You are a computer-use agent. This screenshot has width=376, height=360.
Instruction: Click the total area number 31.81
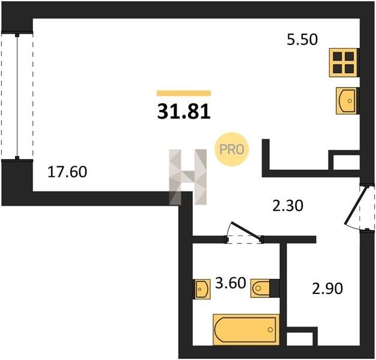coord(184,112)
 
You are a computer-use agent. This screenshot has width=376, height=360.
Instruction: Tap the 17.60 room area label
coord(67,172)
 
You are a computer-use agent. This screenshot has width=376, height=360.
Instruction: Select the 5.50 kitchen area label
coord(302,40)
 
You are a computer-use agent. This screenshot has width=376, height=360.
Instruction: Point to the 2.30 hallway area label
coord(288,206)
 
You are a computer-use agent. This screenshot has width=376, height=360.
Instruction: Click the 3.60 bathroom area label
coord(231,283)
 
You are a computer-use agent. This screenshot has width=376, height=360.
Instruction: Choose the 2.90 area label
coord(327,289)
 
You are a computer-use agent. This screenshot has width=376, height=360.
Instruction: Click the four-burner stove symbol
coord(343,62)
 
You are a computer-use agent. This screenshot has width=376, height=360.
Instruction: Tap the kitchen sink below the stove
coord(346,101)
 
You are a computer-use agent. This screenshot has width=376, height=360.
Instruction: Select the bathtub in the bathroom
coord(246,329)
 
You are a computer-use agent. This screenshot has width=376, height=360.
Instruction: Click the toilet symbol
coord(261,288)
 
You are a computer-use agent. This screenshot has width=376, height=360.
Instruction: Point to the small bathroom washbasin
coord(202,289)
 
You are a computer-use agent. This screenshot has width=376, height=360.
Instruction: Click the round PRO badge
coord(232,149)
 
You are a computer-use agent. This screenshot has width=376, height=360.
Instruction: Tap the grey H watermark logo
coord(188,177)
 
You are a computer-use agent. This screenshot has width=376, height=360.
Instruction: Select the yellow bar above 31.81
coord(184,93)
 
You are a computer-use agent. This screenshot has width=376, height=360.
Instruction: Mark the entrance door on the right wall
coord(360,207)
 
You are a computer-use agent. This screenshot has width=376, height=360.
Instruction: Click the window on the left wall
coord(17,95)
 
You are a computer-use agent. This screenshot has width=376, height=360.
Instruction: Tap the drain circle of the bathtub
coord(270,330)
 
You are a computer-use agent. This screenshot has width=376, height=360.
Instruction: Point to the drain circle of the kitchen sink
coord(350,101)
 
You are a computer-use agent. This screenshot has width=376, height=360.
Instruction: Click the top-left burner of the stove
coord(338,56)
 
